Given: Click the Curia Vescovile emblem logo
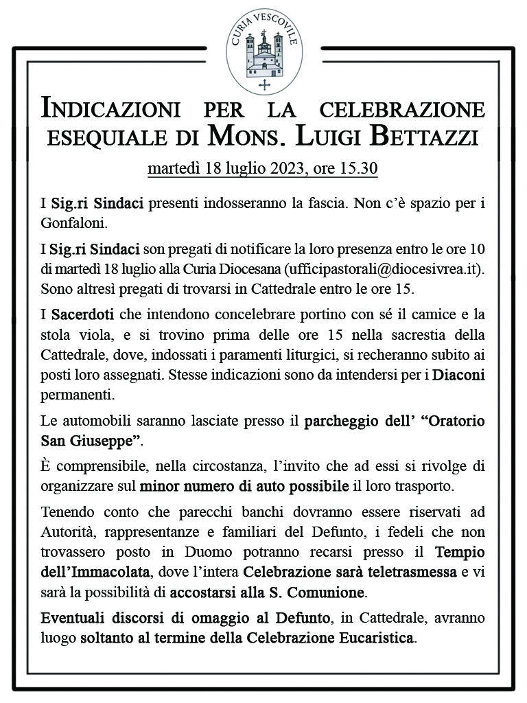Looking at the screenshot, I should coord(264,52).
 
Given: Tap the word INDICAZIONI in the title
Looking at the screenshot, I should coord(110,109).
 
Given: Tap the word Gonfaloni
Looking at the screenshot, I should coord(75,223).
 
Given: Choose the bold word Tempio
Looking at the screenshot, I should coord(460,551).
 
